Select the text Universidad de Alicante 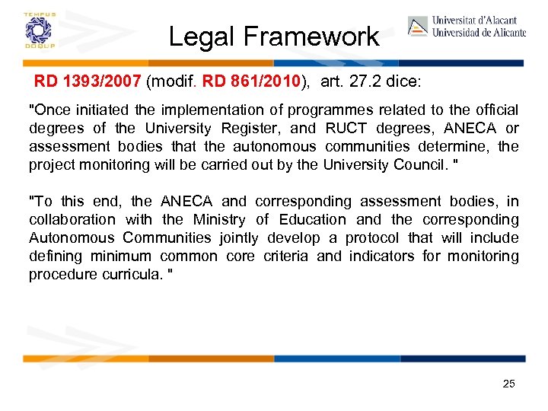point(479,33)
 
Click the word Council point(423,165)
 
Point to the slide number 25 point(508,384)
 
